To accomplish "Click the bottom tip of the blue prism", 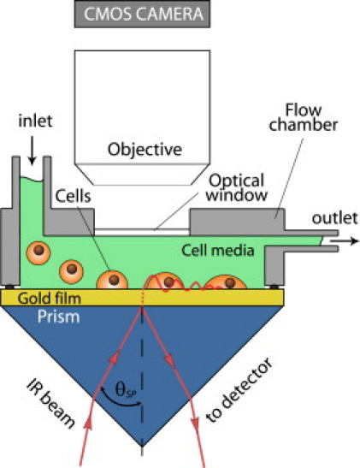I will tap(142, 450).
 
